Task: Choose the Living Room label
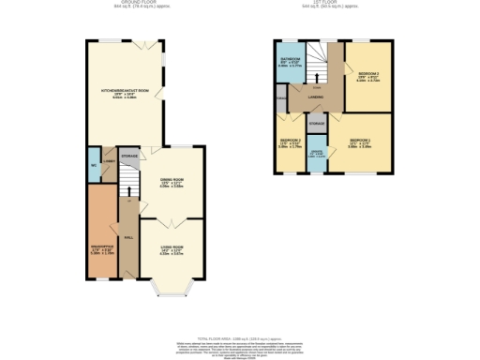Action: (x=171, y=248)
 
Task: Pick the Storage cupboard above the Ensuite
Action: (x=317, y=122)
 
